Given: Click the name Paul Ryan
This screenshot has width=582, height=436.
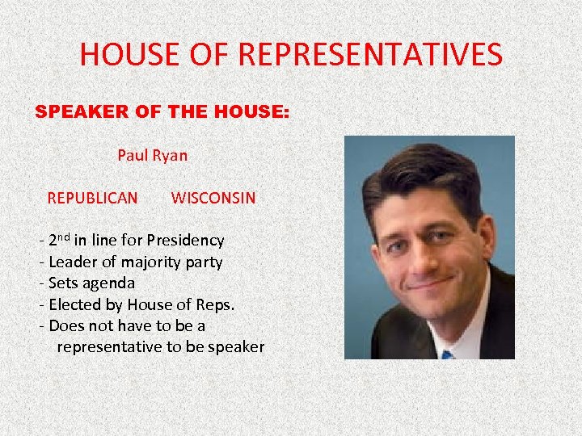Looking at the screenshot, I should (152, 155).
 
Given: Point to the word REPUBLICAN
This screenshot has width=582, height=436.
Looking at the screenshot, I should (92, 198).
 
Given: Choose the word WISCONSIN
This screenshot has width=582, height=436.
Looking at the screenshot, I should (213, 198).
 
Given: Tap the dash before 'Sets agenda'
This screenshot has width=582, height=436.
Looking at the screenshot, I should (41, 283).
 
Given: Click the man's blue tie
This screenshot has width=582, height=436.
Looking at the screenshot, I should (447, 354).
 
